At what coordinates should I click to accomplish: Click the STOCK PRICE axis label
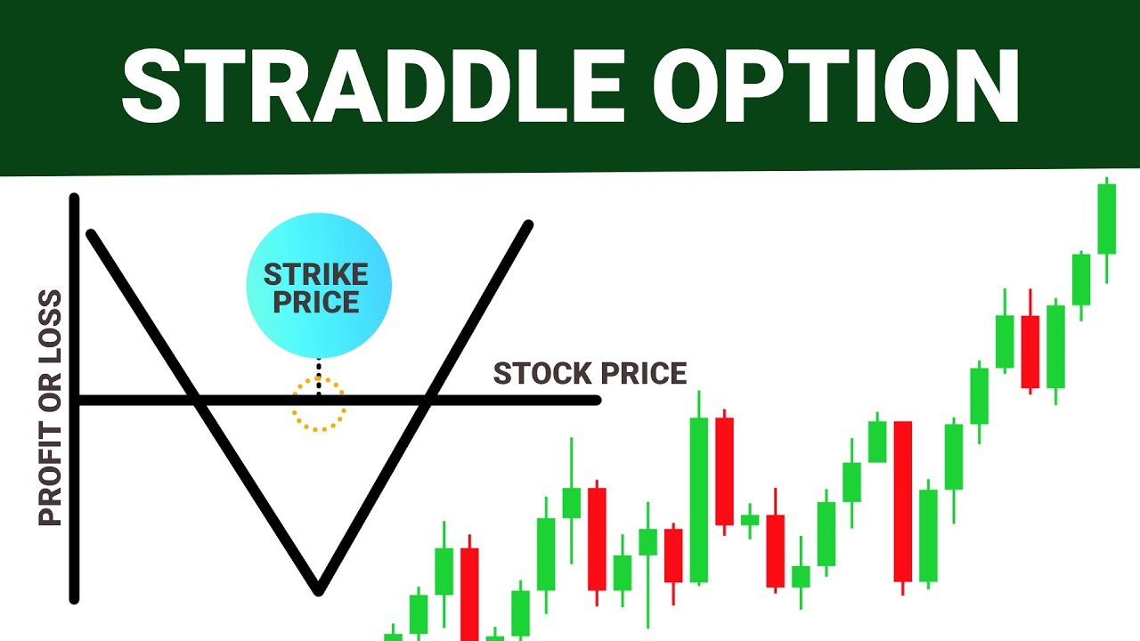pyautogui.click(x=590, y=374)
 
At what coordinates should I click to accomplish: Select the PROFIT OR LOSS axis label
pyautogui.click(x=51, y=408)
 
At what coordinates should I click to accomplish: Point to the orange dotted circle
pyautogui.click(x=318, y=403)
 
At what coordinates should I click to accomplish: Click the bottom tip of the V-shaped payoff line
pyautogui.click(x=318, y=590)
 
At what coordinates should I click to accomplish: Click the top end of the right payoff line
pyautogui.click(x=529, y=224)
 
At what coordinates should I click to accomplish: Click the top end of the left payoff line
pyautogui.click(x=90, y=234)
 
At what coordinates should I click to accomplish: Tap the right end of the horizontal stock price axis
pyautogui.click(x=597, y=401)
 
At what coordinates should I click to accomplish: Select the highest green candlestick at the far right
pyautogui.click(x=1106, y=219)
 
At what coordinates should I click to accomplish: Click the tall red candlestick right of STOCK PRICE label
pyautogui.click(x=903, y=500)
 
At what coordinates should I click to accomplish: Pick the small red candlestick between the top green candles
pyautogui.click(x=1030, y=351)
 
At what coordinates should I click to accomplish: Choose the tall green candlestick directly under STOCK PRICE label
pyautogui.click(x=699, y=499)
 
